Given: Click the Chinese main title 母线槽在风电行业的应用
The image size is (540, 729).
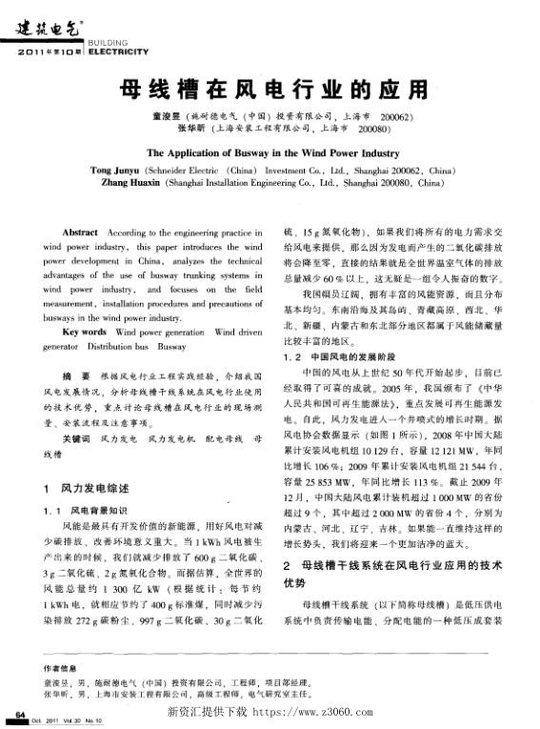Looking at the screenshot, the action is (270, 91).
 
